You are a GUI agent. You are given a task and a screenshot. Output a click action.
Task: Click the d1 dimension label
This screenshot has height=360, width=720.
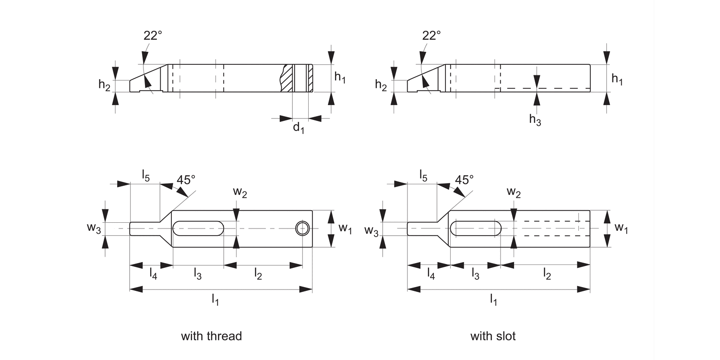[299, 128]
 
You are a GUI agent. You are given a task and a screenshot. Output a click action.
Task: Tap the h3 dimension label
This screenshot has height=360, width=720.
[535, 120]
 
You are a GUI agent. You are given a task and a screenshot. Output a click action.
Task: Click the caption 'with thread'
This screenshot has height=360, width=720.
[211, 336]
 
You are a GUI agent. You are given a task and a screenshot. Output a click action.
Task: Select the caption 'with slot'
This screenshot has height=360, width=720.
[493, 336]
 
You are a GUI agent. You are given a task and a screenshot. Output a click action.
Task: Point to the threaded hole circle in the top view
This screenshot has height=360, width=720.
[302, 228]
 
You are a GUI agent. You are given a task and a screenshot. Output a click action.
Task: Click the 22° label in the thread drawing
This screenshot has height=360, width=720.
[153, 36]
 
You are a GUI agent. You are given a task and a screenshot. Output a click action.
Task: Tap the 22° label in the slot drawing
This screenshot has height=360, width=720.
[431, 36]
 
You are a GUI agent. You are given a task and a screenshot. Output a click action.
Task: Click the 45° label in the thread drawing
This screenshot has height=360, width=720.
[186, 180]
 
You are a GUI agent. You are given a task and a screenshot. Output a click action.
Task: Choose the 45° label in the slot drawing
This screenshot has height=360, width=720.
[464, 180]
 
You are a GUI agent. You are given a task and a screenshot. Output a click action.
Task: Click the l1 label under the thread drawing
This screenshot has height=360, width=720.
[216, 300]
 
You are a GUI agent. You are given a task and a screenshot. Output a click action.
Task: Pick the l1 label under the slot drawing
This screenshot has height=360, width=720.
[493, 300]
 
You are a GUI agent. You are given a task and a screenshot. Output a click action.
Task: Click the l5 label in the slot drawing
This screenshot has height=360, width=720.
[423, 175]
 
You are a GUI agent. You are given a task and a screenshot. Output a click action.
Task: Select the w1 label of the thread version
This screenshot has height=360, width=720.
[345, 228]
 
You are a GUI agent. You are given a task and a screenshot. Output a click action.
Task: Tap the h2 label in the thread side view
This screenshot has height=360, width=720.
[104, 84]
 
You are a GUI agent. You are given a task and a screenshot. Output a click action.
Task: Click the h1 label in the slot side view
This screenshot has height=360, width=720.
[617, 80]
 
